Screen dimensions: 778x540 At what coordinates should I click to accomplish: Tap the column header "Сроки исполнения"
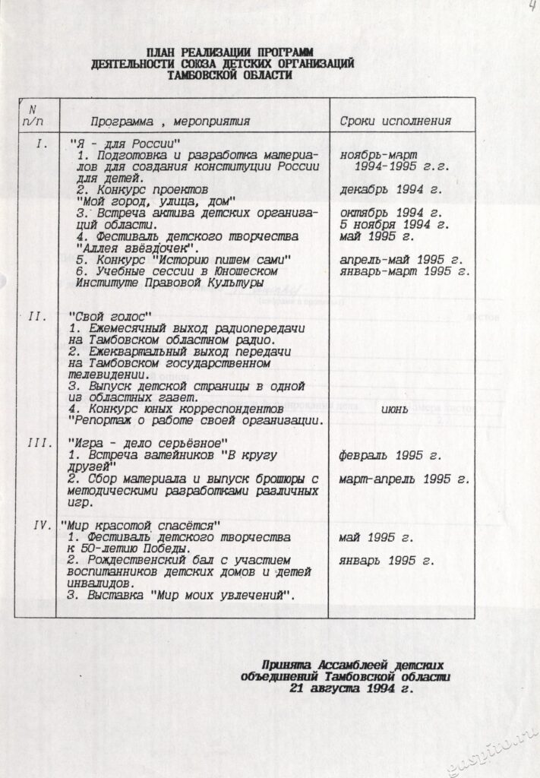click(395, 121)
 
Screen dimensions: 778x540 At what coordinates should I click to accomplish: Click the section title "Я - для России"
click(125, 144)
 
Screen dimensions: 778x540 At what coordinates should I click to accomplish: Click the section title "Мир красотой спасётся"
click(140, 525)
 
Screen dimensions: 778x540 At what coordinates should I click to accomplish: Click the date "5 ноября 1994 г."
click(394, 224)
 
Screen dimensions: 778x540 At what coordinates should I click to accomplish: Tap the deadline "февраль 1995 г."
click(390, 456)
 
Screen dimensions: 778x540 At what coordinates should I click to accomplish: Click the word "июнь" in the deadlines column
click(395, 410)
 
